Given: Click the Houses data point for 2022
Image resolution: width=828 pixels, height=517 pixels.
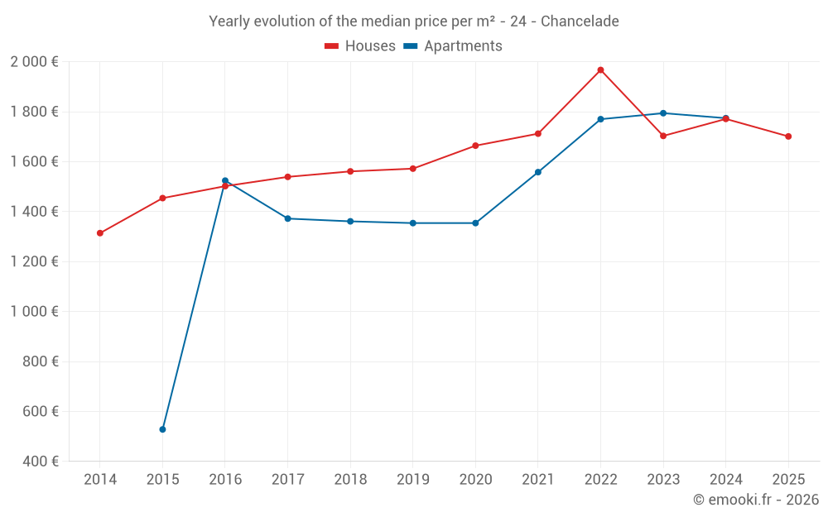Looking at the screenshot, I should [601, 70].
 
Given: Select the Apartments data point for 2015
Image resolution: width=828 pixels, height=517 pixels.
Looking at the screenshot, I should [162, 429].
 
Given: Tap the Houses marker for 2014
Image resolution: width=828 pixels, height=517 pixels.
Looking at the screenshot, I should [100, 233].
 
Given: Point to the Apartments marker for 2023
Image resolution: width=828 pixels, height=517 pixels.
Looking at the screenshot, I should [663, 113].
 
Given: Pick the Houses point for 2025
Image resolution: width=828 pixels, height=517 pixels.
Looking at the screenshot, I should [788, 136].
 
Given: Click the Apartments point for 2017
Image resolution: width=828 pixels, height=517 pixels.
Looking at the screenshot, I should [287, 218].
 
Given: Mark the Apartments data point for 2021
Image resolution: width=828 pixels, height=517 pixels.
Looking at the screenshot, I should [538, 172].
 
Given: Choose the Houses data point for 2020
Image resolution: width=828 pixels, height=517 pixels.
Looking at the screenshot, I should [475, 146].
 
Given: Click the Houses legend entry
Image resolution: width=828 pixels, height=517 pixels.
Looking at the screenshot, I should [360, 46].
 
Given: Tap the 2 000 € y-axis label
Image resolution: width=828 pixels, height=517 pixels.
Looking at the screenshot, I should [34, 62].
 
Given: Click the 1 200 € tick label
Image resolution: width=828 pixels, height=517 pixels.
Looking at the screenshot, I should [34, 261].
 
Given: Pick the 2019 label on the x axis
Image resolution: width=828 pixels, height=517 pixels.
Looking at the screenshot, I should [412, 480].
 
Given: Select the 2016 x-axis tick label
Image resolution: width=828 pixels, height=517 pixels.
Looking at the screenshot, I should [225, 480].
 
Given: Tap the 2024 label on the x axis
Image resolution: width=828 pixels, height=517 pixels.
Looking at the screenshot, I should [725, 480].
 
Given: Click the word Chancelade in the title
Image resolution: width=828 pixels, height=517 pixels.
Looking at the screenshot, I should [580, 22].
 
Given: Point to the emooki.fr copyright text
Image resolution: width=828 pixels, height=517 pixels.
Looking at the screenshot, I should [756, 500].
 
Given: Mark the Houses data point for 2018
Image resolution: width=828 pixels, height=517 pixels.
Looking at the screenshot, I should [350, 171].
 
